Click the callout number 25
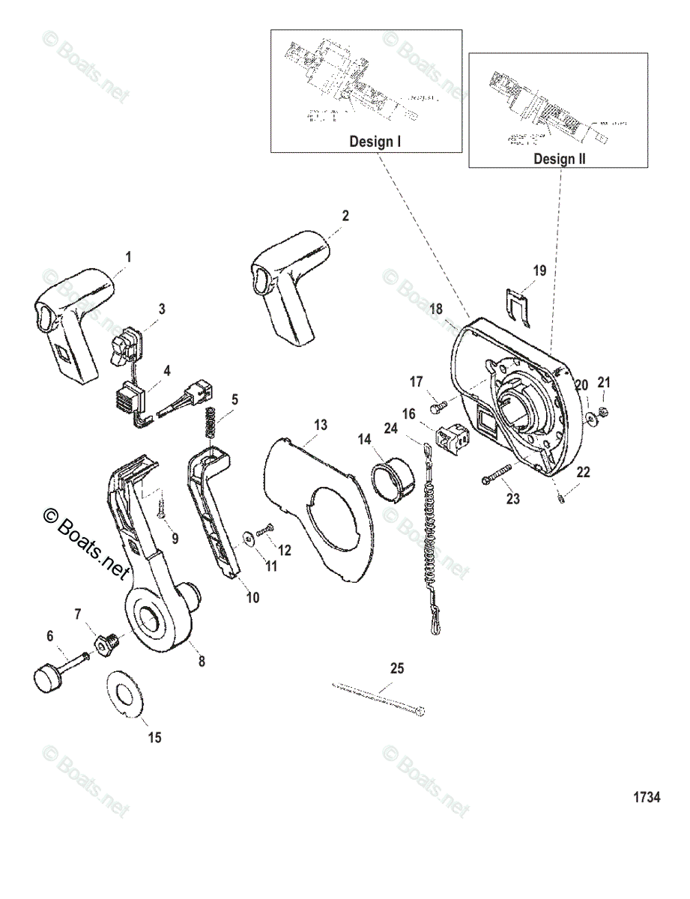pyautogui.click(x=396, y=668)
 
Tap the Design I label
pyautogui.click(x=375, y=142)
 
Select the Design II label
pyautogui.click(x=560, y=158)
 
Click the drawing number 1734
pyautogui.click(x=647, y=797)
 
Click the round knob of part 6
pyautogui.click(x=46, y=679)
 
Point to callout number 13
pyautogui.click(x=320, y=426)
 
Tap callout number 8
pyautogui.click(x=201, y=662)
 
